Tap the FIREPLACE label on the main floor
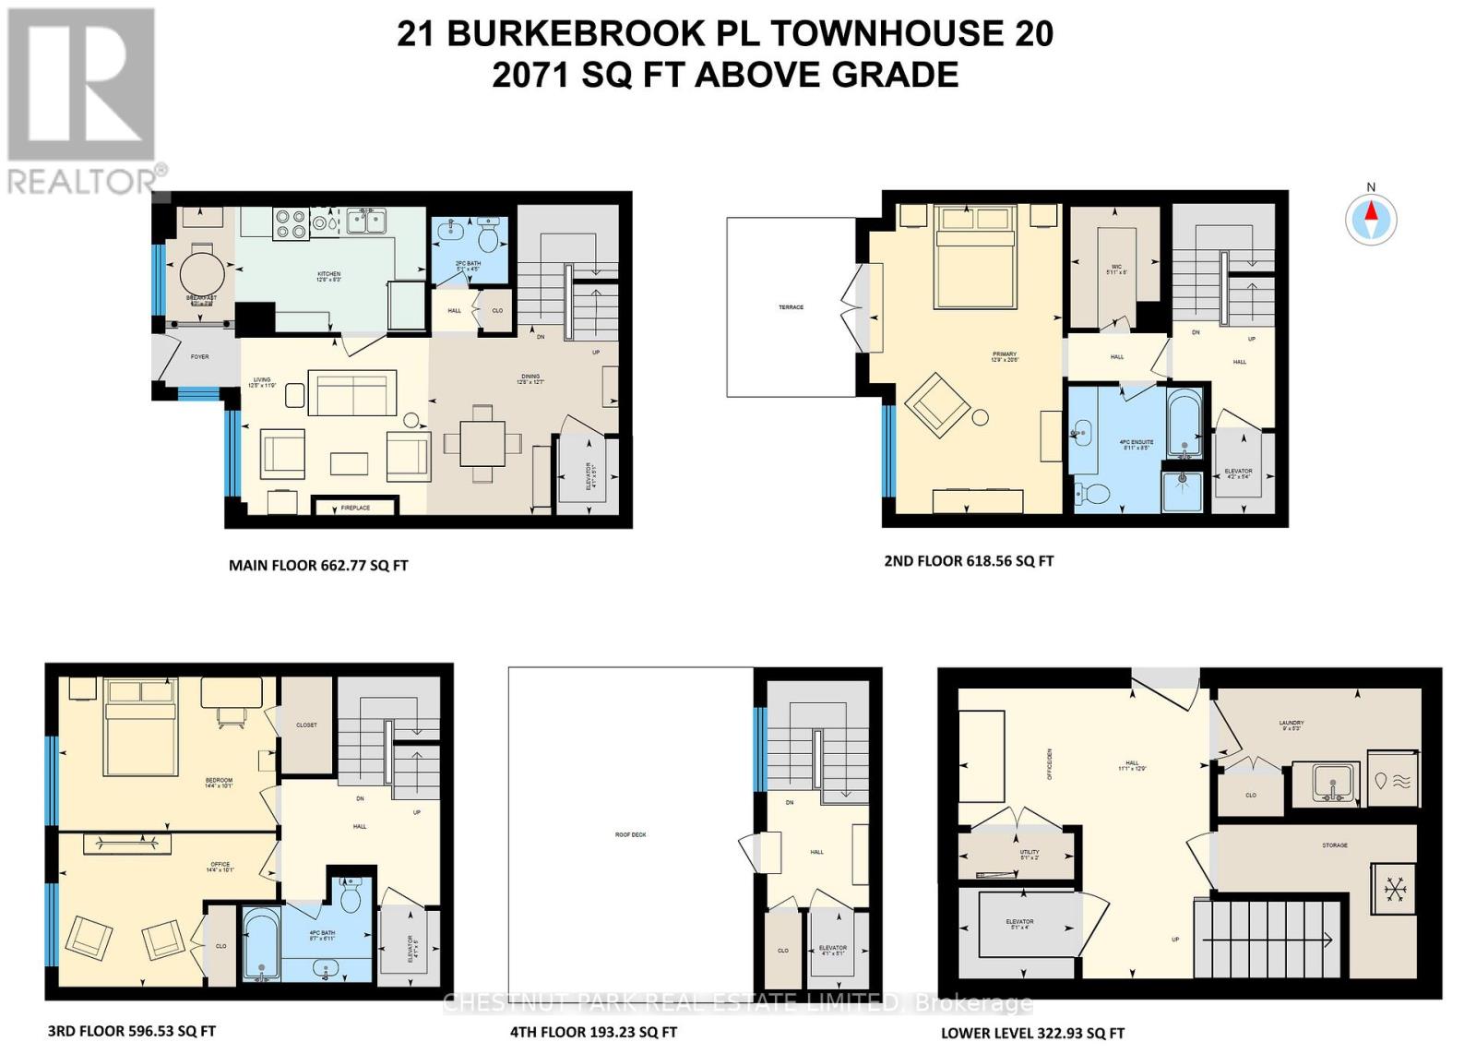(x=355, y=508)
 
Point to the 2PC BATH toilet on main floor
(x=489, y=236)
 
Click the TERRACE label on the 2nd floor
(x=791, y=306)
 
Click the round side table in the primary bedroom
(x=980, y=417)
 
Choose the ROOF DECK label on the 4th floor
(x=631, y=834)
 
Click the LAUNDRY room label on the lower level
(x=1291, y=724)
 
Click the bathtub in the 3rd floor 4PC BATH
(x=262, y=945)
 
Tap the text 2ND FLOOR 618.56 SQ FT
(x=969, y=560)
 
